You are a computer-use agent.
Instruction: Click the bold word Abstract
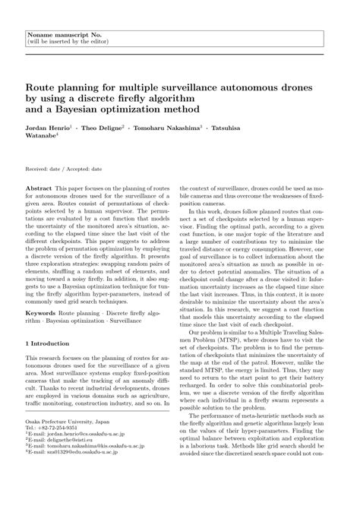tap(39, 186)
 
